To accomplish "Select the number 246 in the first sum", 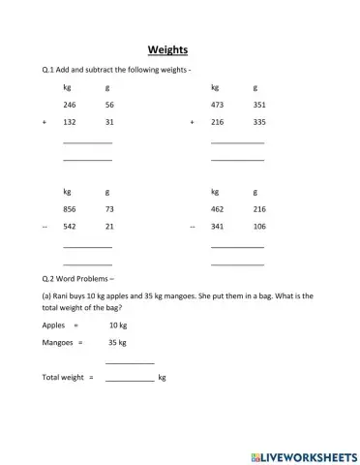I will (x=70, y=105).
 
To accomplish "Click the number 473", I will (x=217, y=105).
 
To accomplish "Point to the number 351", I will (x=259, y=105).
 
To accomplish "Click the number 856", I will (x=70, y=209).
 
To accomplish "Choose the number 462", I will (x=217, y=209).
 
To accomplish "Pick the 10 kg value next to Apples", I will (x=118, y=325).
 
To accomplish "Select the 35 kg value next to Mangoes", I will (x=118, y=342).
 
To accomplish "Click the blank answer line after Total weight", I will (x=130, y=379).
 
